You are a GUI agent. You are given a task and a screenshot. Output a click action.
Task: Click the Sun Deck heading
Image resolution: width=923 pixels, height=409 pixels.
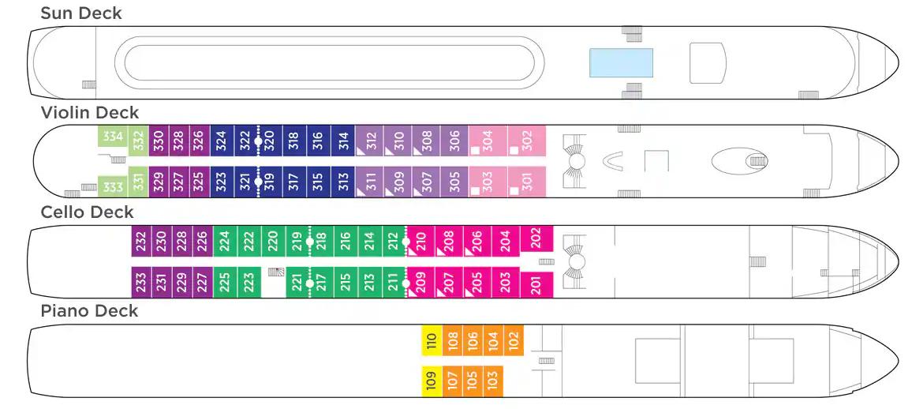pos(81,13)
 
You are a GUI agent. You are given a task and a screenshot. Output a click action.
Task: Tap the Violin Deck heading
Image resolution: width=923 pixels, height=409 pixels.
pos(89,113)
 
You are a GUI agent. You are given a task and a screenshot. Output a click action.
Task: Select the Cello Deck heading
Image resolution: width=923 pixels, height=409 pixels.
pos(87,212)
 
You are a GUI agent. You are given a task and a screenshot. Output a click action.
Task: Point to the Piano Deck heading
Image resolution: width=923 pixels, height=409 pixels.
pos(89,311)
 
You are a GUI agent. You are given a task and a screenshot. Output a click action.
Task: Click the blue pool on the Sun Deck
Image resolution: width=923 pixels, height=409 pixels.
pos(621,62)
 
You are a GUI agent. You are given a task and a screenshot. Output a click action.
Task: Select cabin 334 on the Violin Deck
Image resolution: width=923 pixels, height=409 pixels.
pos(113,137)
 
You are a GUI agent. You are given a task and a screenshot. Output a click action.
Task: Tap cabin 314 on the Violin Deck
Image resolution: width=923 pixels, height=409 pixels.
pos(343,141)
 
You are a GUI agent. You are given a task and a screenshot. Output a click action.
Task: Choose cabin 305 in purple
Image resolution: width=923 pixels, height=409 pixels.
pos(454,182)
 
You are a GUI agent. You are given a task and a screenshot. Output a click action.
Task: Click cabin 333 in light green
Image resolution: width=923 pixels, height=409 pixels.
pos(113,187)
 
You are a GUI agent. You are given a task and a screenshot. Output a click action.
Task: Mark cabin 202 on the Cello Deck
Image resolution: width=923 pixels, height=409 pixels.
pos(536,236)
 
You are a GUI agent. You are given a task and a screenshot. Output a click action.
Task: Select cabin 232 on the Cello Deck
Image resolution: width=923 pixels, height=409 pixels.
pos(141,241)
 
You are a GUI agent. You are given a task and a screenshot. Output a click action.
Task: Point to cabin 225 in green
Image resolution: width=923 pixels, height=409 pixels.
pos(224,282)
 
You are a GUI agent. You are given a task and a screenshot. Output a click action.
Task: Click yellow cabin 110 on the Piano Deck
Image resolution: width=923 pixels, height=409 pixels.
pos(432,340)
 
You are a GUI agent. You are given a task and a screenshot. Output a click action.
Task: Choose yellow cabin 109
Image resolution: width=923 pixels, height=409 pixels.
pos(432,381)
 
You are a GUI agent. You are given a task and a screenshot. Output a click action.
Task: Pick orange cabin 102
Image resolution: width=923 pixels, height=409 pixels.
pos(514,340)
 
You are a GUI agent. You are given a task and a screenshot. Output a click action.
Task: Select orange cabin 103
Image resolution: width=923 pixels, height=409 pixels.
pos(493,381)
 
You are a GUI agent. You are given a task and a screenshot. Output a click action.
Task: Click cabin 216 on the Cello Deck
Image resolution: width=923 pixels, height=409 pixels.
pos(346,241)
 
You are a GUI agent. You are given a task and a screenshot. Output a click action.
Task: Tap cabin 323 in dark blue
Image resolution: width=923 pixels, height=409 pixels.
pos(221,182)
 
